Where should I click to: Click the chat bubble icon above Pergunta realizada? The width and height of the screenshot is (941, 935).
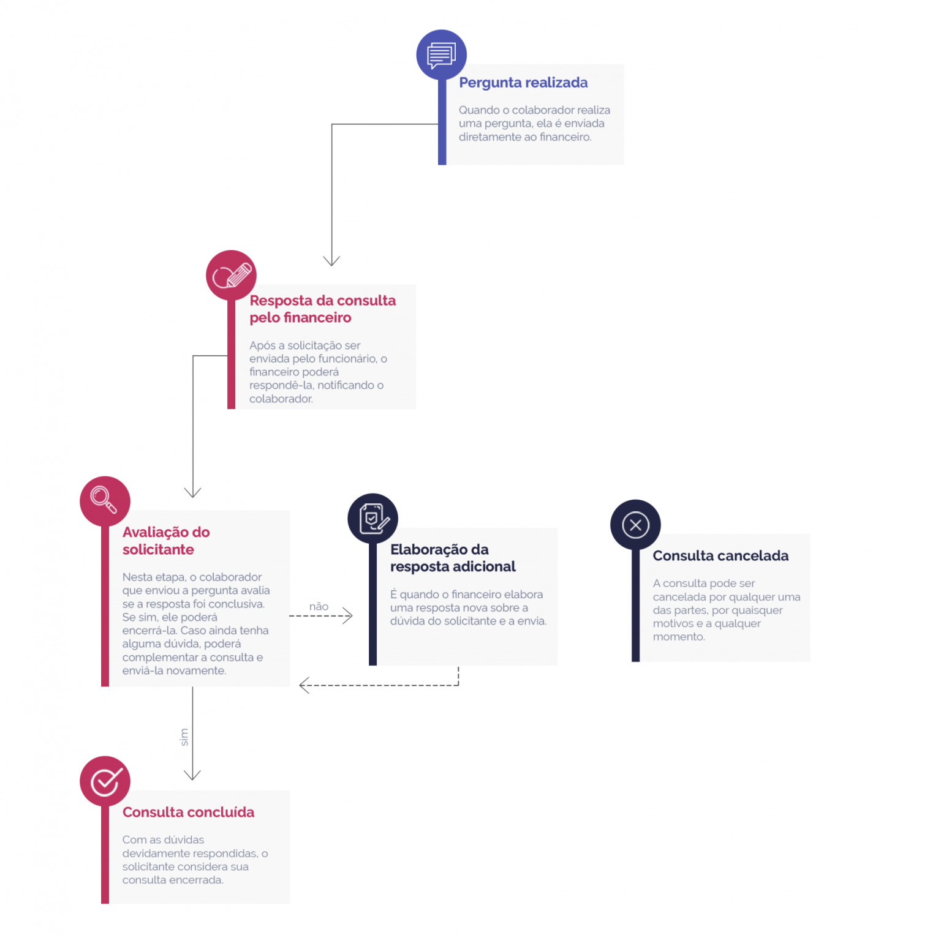(x=441, y=55)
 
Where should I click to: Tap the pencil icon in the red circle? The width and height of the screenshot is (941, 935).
(x=232, y=276)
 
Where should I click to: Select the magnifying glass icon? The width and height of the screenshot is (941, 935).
(x=104, y=500)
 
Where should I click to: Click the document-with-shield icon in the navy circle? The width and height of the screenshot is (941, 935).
(x=374, y=519)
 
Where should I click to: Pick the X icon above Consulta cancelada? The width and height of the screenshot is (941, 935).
(x=635, y=525)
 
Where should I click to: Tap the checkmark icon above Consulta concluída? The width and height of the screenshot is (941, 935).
(x=106, y=781)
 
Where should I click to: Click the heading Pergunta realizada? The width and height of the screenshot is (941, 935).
(x=523, y=83)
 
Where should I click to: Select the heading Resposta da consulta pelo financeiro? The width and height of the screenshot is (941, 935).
(x=322, y=309)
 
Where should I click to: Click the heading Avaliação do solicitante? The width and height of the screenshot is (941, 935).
(x=166, y=541)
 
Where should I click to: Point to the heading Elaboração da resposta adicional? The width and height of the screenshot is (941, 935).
(x=453, y=558)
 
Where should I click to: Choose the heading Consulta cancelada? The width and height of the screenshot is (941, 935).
(x=720, y=555)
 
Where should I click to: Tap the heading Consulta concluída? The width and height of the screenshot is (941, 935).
(x=188, y=812)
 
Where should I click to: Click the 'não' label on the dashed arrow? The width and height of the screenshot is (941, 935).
(x=319, y=606)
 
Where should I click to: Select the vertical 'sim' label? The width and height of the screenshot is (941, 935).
(x=184, y=737)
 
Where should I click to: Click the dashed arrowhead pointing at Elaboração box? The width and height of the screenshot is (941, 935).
(x=348, y=615)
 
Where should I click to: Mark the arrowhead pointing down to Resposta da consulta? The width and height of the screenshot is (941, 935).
(x=331, y=261)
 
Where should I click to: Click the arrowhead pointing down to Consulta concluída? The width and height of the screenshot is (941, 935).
(x=192, y=775)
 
